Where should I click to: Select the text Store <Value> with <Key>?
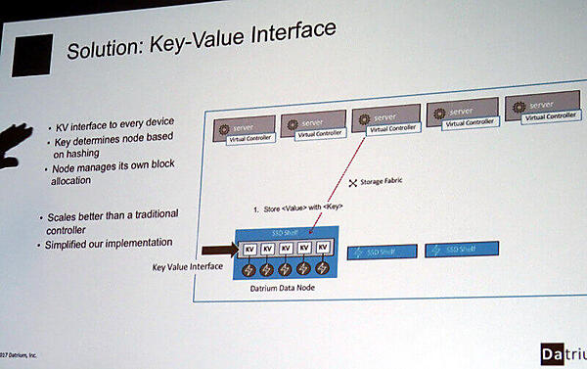tap(298, 208)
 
